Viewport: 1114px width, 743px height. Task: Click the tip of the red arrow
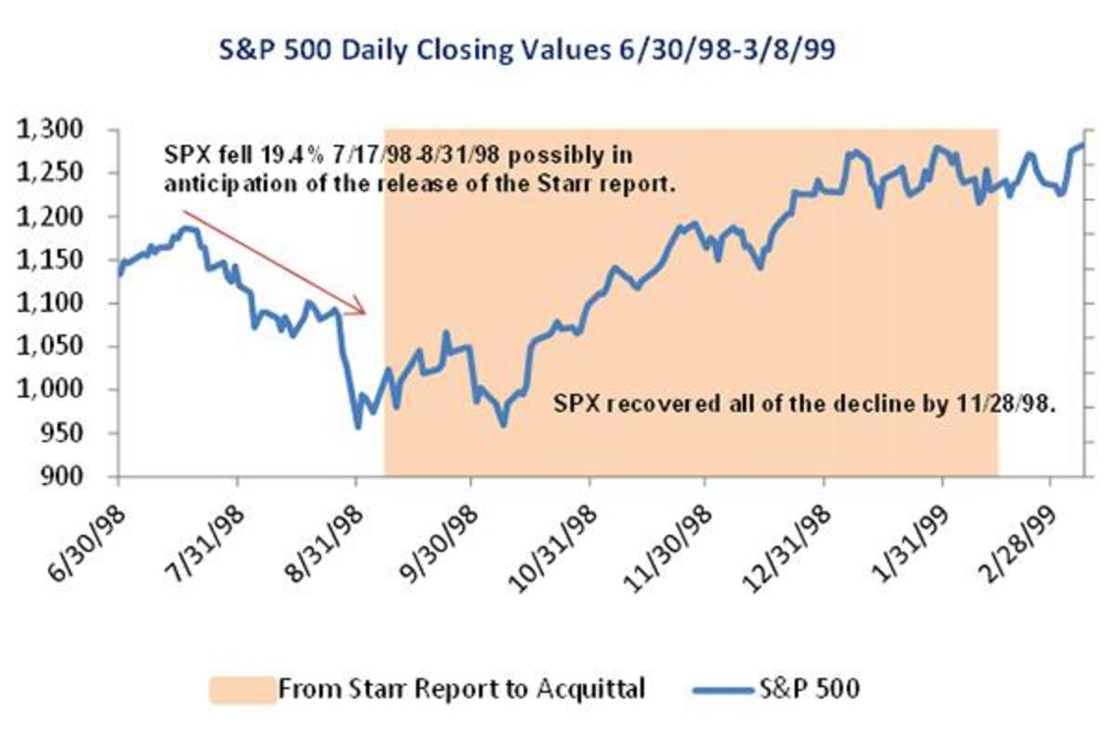click(x=368, y=314)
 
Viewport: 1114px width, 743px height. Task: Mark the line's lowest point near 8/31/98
click(x=357, y=427)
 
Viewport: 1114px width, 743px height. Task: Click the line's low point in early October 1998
click(x=504, y=425)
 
